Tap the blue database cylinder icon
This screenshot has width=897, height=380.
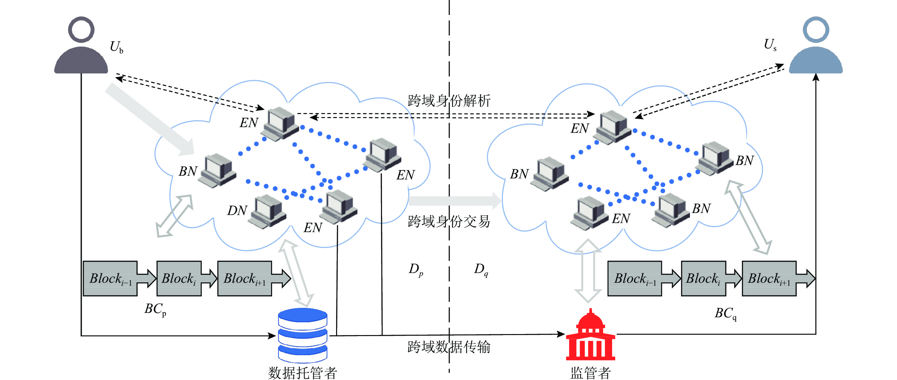coord(302,335)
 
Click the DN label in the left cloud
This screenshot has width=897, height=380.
coord(237,211)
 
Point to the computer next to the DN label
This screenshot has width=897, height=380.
coord(268,211)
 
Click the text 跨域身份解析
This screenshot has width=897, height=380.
coord(449,101)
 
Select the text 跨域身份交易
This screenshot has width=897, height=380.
coord(449,221)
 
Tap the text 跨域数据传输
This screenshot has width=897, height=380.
coord(449,347)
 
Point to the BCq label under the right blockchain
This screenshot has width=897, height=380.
coord(725,313)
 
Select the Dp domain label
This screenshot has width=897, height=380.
coord(416,269)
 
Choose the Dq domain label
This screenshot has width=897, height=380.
coord(481,269)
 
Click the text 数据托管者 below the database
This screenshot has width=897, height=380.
coord(302,373)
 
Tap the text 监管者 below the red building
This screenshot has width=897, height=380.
coord(590,373)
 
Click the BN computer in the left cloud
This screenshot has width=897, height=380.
coord(218,170)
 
